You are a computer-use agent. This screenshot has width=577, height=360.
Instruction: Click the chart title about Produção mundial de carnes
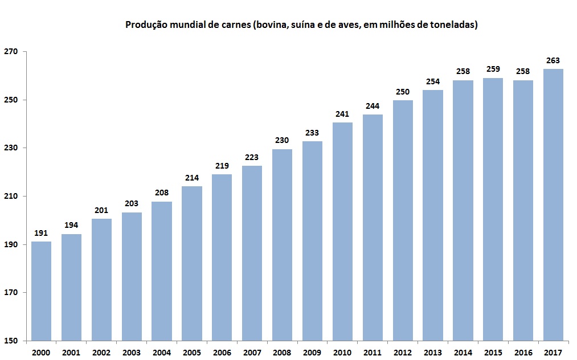[x=301, y=25]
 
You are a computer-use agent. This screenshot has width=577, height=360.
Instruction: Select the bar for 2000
[x=41, y=291]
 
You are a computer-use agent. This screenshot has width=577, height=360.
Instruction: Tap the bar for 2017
[x=553, y=205]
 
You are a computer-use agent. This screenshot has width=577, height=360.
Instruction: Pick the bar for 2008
[x=282, y=245]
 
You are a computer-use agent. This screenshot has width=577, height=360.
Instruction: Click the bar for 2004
[x=162, y=271]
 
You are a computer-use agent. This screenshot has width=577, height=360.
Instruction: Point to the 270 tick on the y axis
[x=11, y=52]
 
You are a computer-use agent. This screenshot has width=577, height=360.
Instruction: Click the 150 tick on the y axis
[x=11, y=341]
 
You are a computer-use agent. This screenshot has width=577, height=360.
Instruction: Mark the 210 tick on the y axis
[x=11, y=197]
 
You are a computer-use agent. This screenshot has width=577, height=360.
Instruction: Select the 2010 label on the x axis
[x=342, y=353]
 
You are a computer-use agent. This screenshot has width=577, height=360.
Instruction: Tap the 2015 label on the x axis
[x=493, y=353]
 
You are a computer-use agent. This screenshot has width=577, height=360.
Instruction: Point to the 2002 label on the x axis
[x=101, y=353]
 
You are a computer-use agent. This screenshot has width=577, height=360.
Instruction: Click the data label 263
[x=553, y=60]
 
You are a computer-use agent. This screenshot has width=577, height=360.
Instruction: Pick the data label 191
[x=41, y=233]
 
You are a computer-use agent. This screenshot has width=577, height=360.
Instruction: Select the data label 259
[x=493, y=69]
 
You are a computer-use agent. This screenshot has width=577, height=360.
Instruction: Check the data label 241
[x=342, y=114]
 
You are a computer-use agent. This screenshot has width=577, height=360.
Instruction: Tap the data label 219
[x=222, y=166]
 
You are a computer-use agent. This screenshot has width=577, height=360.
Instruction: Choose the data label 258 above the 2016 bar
[x=523, y=72]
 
